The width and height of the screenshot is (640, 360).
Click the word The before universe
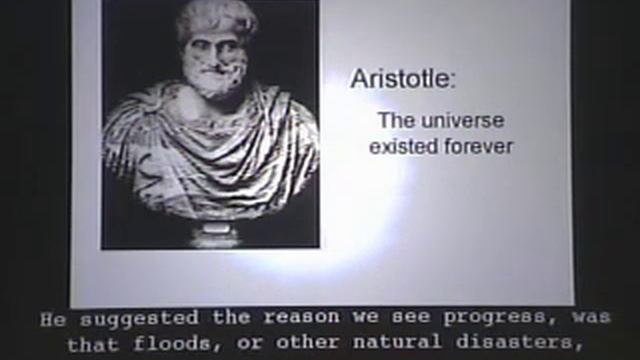(x=393, y=120)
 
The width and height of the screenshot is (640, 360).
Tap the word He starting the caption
(x=49, y=321)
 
